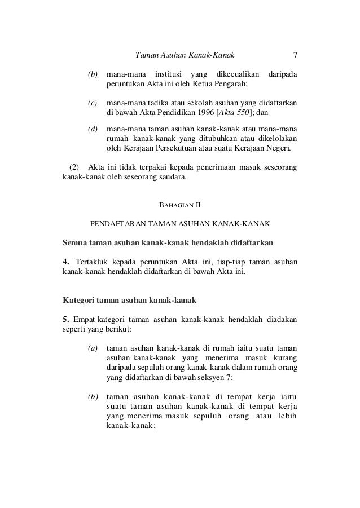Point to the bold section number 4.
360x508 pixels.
coord(65,262)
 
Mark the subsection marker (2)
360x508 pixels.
coord(74,167)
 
